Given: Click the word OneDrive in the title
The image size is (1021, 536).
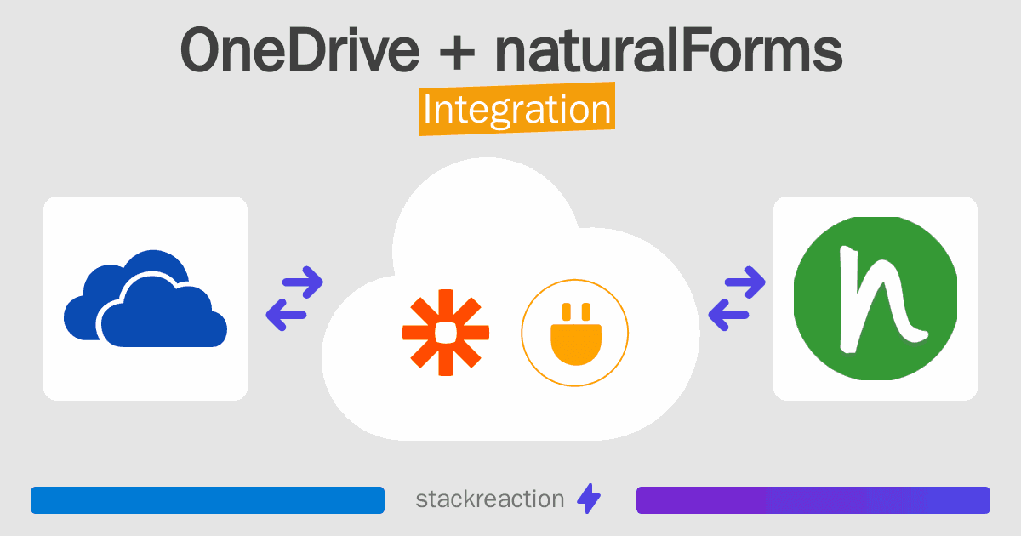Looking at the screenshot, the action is click(299, 50).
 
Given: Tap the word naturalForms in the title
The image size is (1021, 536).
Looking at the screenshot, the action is click(669, 50).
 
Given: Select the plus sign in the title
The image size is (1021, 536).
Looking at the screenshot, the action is click(457, 53).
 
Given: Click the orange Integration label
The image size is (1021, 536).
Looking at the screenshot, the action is click(517, 109).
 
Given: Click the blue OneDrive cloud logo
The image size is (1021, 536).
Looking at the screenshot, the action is click(145, 299).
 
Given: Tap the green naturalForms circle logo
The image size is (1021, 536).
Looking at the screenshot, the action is click(876, 299).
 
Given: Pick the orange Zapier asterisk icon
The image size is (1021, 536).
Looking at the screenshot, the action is click(446, 333).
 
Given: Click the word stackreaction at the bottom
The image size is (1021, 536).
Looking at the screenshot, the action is click(490, 499).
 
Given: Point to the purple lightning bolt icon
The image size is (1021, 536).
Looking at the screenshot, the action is click(589, 499).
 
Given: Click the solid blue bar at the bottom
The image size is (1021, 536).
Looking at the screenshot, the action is click(208, 500).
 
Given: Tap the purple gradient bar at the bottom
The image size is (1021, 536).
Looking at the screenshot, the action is click(813, 500).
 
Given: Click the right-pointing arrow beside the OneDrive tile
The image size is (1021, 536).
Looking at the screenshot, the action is click(303, 282).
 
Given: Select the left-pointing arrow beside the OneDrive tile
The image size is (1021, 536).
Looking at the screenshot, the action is click(286, 315).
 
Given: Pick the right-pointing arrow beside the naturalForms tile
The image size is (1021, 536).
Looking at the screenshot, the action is click(744, 282).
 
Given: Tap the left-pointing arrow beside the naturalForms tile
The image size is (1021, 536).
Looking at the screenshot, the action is click(728, 315).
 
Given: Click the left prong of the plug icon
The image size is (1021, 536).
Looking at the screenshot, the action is click(567, 311).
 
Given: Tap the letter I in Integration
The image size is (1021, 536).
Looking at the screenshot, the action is click(427, 109).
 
